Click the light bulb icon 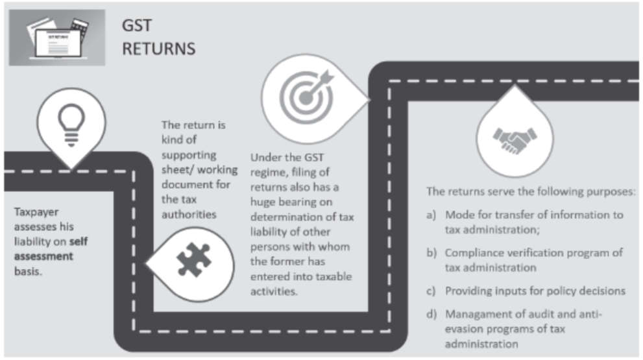point(71,125)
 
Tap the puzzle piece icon point(193,259)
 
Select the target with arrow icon point(307,97)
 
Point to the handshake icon point(515,140)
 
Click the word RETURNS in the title point(159,49)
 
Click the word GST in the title point(137,25)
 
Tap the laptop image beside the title point(57,38)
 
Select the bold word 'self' point(79,241)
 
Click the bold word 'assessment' point(43,256)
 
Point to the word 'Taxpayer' point(36,212)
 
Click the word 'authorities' point(189,215)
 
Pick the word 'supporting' point(189,156)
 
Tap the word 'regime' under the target point(266,173)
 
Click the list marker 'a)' point(431,215)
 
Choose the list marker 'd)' point(431,314)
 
